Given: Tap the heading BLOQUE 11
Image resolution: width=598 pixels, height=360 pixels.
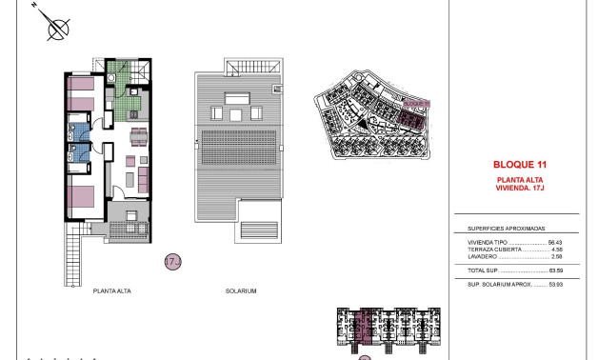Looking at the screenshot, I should click(520, 164).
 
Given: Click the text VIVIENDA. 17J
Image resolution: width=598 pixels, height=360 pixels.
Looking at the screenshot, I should click(520, 189).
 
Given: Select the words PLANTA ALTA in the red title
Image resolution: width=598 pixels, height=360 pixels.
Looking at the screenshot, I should click(520, 180).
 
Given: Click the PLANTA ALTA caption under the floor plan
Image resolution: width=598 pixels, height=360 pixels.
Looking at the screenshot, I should click(112, 290).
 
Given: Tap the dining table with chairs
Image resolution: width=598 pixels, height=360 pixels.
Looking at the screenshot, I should click(139, 133).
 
